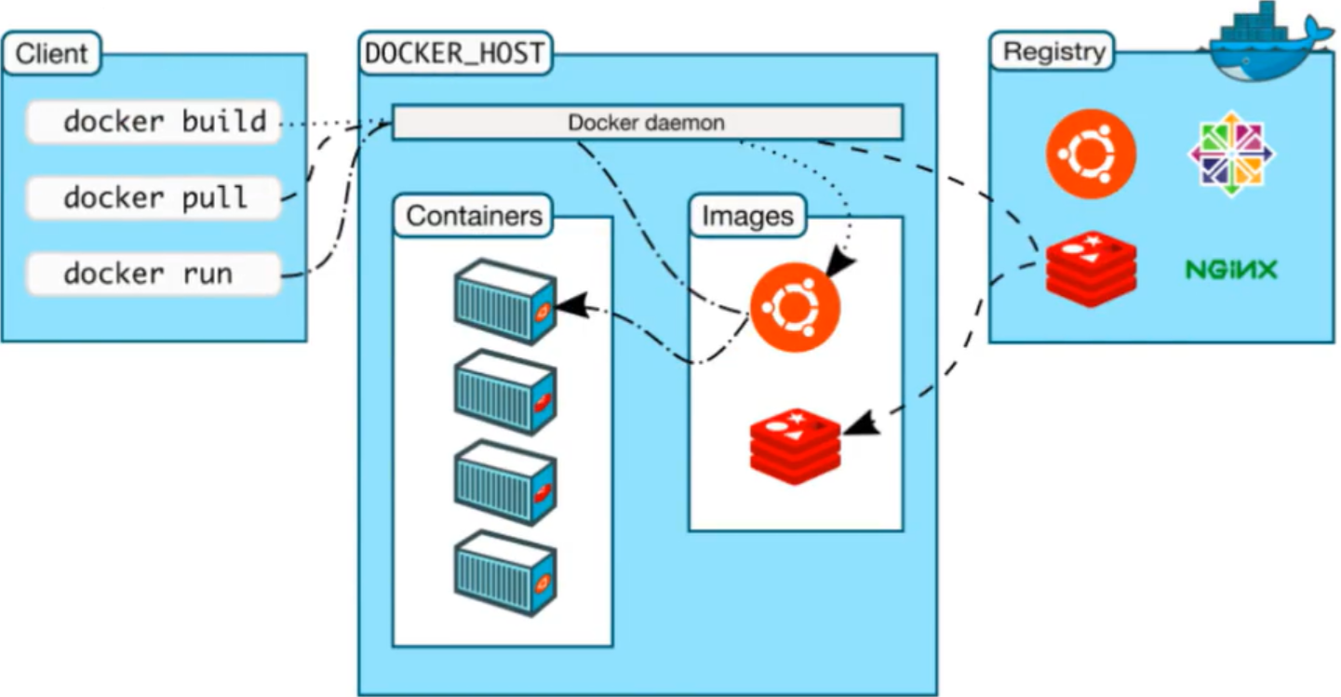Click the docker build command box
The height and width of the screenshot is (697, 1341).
pos(154,122)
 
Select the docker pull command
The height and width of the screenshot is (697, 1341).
pos(154,197)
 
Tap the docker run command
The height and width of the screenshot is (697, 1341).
pos(154,274)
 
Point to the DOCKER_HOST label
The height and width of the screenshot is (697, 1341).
pos(454,53)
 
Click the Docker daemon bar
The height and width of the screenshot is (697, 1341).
pos(647,123)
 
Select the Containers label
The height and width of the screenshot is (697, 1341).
pos(474,216)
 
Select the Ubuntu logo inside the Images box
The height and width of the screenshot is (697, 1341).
pos(795,308)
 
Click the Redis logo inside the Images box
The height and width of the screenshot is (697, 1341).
pos(795,445)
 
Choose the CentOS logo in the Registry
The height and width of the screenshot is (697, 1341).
pos(1231,154)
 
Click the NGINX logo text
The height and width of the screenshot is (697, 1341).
pos(1230,270)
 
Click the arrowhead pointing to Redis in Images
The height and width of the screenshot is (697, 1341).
pos(860,422)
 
